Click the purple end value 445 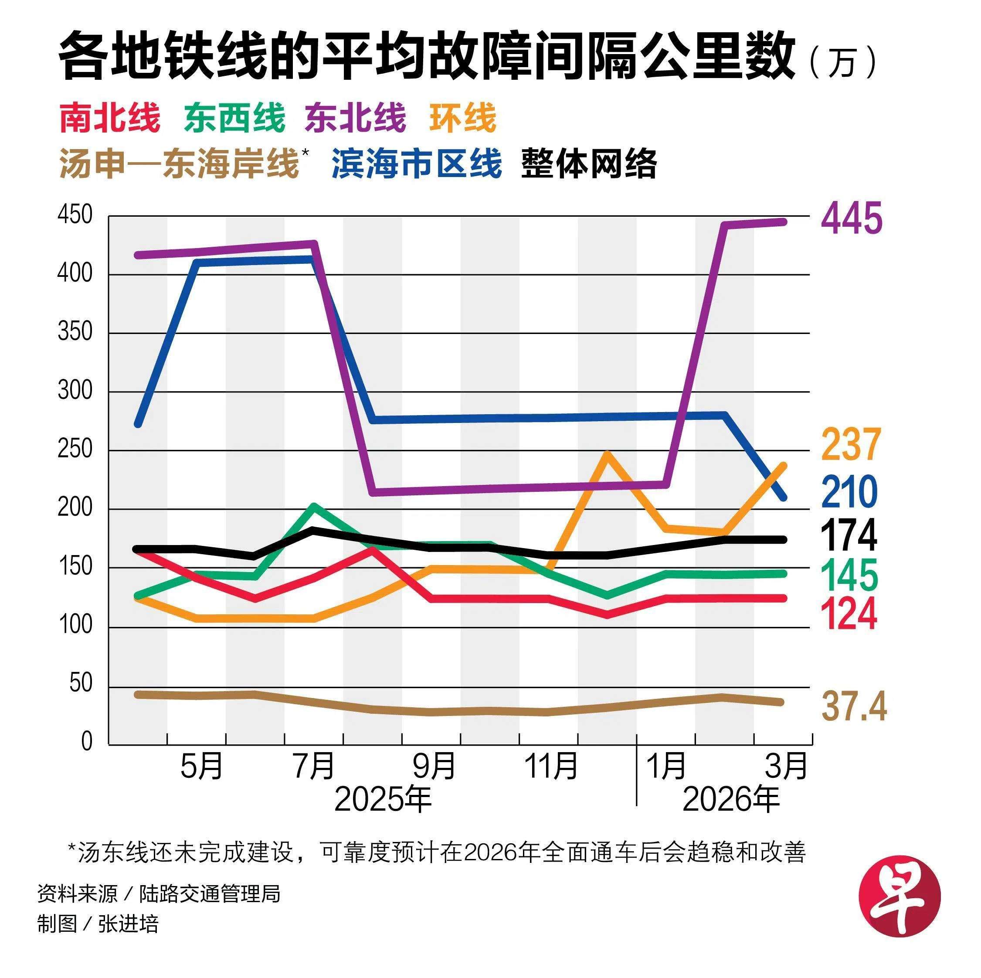coord(852,218)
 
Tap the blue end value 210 coord(849,492)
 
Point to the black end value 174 coord(849,535)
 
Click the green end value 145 coord(849,575)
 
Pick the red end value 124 coord(849,614)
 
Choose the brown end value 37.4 coord(854,706)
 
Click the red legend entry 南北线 coord(110,118)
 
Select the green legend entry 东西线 coord(234,118)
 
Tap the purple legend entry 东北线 coord(356,118)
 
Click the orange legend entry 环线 coord(462,118)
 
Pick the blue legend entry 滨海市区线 coord(416,164)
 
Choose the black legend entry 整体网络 coord(589,164)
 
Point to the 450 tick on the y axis coord(75,215)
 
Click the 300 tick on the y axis coord(75,391)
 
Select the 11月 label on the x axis coord(551,766)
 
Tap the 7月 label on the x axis coord(314,766)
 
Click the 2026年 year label coord(731,800)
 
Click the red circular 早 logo coord(899,896)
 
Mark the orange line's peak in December coord(607,453)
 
